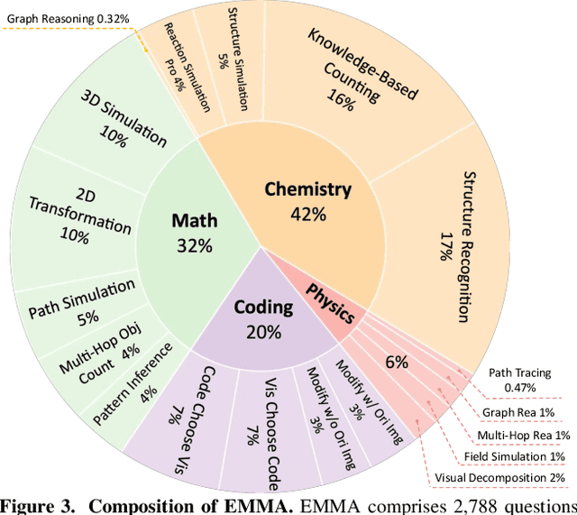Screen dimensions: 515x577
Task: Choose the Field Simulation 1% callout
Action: pyautogui.click(x=508, y=456)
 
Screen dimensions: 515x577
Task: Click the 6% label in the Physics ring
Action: pyautogui.click(x=397, y=362)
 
